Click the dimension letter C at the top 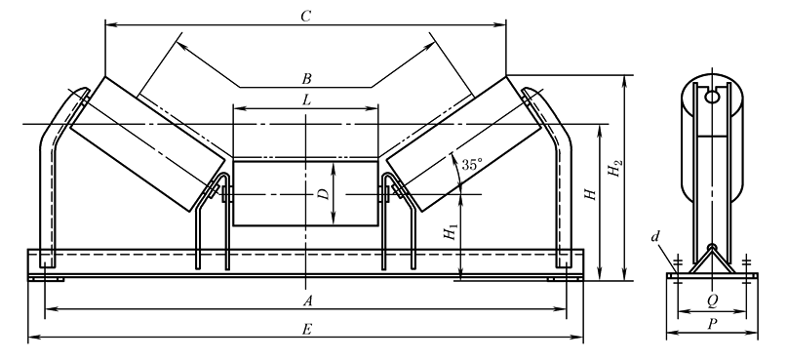pyautogui.click(x=306, y=16)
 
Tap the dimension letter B pyautogui.click(x=306, y=79)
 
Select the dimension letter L pyautogui.click(x=306, y=100)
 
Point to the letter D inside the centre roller pyautogui.click(x=324, y=193)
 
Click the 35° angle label pyautogui.click(x=472, y=165)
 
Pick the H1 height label pyautogui.click(x=452, y=231)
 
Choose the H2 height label pyautogui.click(x=614, y=169)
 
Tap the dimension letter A pyautogui.click(x=308, y=301)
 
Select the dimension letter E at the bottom pyautogui.click(x=307, y=330)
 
